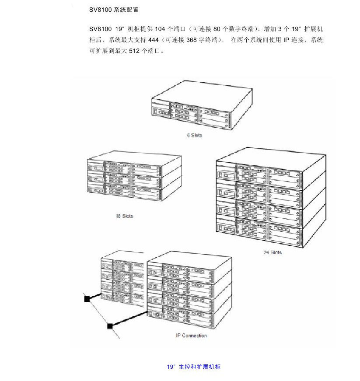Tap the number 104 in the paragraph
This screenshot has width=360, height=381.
click(160, 29)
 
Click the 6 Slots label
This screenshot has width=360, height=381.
click(194, 136)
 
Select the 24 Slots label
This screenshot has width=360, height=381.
click(272, 252)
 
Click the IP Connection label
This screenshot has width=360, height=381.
click(188, 336)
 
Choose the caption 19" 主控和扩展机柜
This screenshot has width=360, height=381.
click(194, 367)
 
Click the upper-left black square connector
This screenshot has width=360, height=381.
click(87, 299)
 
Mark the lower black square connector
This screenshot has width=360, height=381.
click(110, 326)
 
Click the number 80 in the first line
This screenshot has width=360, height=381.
click(218, 29)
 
